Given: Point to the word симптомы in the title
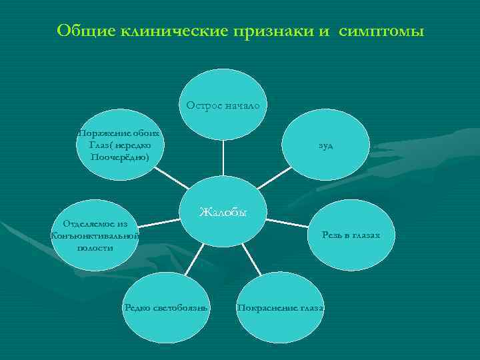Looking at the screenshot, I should click(x=381, y=31).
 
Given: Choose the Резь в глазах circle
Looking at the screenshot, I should click(x=351, y=235).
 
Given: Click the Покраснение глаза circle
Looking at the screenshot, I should click(x=281, y=307).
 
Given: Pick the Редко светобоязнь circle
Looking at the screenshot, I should click(x=167, y=307).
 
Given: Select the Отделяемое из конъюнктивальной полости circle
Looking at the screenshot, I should click(x=95, y=235).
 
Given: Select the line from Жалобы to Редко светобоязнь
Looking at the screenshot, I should click(x=194, y=260).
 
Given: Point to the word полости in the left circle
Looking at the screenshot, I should click(x=95, y=247).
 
